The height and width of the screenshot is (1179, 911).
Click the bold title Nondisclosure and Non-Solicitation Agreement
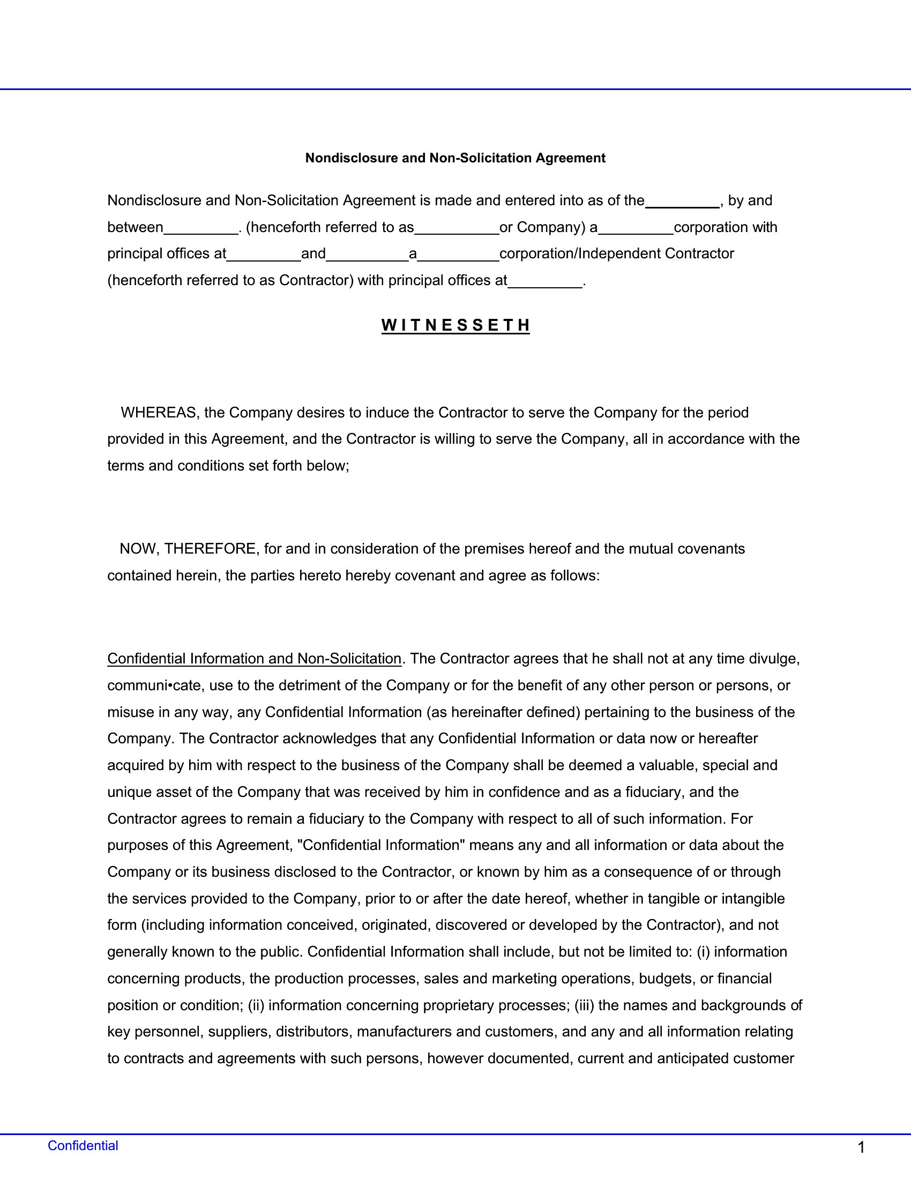click(x=455, y=158)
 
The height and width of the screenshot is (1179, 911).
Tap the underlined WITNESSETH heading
click(x=455, y=325)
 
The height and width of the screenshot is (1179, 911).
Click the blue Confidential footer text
click(x=83, y=1146)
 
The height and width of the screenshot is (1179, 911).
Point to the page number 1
click(x=861, y=1148)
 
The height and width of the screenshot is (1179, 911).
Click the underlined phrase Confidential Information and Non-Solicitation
click(x=254, y=659)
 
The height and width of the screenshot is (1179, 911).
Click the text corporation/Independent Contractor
click(x=616, y=253)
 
